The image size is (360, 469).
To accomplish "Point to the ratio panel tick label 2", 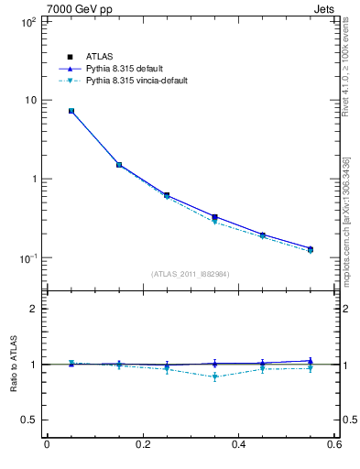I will pyautogui.click(x=31, y=309).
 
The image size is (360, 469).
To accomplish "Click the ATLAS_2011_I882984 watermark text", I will pyautogui.click(x=191, y=274).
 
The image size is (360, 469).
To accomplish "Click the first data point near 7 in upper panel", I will pyautogui.click(x=71, y=111).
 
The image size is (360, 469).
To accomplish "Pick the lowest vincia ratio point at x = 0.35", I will pyautogui.click(x=214, y=376).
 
